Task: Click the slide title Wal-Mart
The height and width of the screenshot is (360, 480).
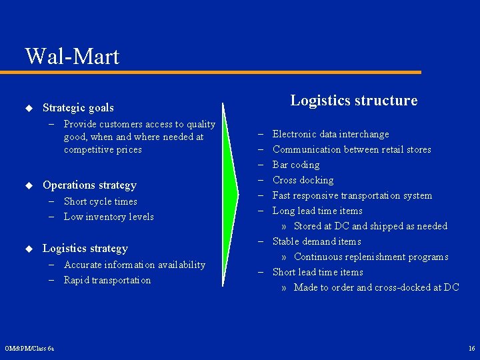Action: [72, 56]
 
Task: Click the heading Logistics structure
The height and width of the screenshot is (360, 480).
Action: [353, 101]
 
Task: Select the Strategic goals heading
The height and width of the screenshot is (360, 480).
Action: [78, 107]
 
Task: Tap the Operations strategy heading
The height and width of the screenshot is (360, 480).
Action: [89, 185]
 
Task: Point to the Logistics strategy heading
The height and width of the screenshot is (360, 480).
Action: [85, 249]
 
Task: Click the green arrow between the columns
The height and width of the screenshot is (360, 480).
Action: [231, 187]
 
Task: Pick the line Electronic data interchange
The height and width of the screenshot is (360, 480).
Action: [331, 135]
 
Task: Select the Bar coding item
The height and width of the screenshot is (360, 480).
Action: [296, 165]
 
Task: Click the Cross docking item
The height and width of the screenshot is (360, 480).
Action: [303, 181]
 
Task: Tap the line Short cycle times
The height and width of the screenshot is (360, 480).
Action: [101, 201]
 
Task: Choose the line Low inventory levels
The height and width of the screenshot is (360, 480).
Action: [109, 217]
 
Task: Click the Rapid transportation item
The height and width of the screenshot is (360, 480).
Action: [107, 280]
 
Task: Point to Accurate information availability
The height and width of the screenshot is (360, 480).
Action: [135, 265]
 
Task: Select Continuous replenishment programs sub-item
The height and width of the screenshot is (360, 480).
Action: [371, 257]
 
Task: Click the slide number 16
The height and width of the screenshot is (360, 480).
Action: [471, 349]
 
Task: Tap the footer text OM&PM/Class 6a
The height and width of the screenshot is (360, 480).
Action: [29, 349]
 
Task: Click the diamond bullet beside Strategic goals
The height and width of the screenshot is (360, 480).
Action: [29, 107]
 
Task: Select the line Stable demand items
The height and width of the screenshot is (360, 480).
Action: [317, 241]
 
